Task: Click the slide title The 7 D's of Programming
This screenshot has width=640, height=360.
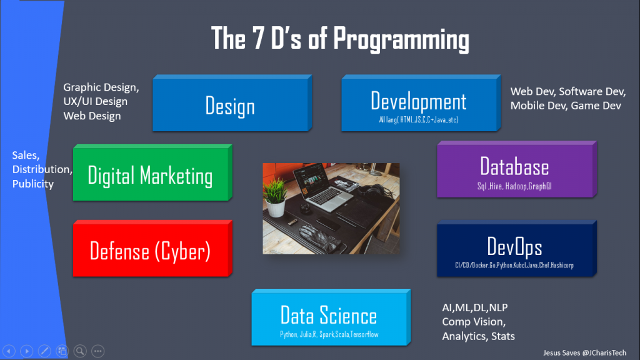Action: pyautogui.click(x=340, y=39)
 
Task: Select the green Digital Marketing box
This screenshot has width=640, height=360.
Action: pyautogui.click(x=150, y=176)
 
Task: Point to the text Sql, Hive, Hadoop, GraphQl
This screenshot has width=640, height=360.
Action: pyautogui.click(x=514, y=186)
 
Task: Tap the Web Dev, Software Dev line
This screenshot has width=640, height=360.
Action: pyautogui.click(x=567, y=92)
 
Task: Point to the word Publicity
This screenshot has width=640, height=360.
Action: pyautogui.click(x=33, y=184)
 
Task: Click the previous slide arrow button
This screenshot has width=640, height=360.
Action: pyautogui.click(x=9, y=351)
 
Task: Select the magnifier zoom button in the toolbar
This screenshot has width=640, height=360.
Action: pyautogui.click(x=80, y=351)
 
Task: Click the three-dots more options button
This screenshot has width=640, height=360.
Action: pyautogui.click(x=97, y=351)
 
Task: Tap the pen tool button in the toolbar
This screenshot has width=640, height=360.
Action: pyautogui.click(x=44, y=351)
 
